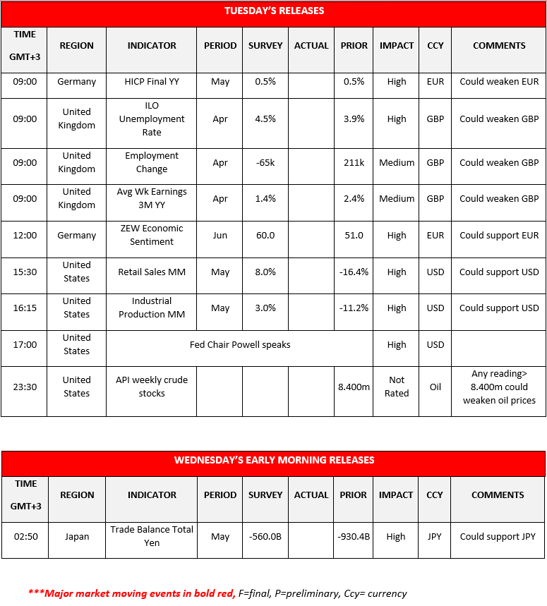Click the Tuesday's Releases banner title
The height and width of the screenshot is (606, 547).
[274, 11]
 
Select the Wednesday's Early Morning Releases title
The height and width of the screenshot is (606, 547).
[274, 460]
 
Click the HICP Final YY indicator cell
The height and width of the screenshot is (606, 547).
[152, 82]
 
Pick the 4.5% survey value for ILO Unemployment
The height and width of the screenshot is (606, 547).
[265, 119]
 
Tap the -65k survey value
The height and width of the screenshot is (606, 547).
[265, 163]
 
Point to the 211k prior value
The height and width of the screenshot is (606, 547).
[354, 163]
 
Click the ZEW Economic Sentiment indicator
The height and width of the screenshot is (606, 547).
[152, 236]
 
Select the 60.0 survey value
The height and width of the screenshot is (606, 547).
[265, 236]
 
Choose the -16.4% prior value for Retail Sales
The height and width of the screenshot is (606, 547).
[354, 272]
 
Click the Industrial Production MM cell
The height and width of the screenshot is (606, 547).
[152, 308]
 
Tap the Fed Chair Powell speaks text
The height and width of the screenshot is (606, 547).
[240, 345]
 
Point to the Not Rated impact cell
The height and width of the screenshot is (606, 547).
[397, 387]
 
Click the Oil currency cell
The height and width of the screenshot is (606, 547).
[435, 387]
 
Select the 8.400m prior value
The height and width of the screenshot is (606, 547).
[354, 387]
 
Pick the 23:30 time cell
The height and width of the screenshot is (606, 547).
[25, 387]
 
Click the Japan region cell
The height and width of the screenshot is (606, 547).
[77, 537]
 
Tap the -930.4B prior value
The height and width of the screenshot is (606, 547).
[354, 537]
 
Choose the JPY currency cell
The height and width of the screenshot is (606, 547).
[435, 537]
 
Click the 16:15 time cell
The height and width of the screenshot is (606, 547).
[25, 308]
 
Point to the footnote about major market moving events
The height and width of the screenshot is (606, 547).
[217, 593]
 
